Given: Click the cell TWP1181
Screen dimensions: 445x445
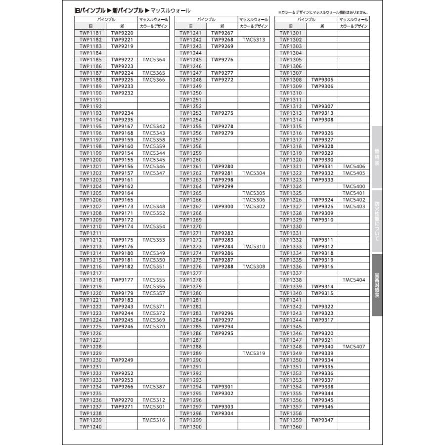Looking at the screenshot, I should click(x=90, y=33).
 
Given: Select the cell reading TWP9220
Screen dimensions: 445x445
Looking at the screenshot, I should click(x=122, y=33).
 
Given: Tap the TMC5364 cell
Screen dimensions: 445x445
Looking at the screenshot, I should click(x=153, y=59).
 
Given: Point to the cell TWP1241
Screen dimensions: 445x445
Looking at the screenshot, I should click(x=190, y=33).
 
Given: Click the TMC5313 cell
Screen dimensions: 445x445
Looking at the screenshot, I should click(x=254, y=40).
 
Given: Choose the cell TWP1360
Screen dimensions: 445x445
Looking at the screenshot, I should click(x=290, y=427).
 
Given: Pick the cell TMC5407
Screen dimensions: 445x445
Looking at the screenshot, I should click(x=354, y=347).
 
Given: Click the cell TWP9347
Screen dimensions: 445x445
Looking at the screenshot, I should click(x=322, y=420).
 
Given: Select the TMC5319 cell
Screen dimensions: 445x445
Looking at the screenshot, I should click(x=254, y=353).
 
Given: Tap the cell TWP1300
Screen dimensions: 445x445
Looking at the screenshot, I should click(x=190, y=427).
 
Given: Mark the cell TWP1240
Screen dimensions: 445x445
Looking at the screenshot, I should click(x=90, y=427).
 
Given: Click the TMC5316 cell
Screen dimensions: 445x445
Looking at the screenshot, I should click(x=153, y=420).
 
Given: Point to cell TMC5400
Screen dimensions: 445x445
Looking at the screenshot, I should click(x=354, y=186).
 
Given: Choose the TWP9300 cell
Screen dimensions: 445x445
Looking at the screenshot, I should click(x=222, y=206).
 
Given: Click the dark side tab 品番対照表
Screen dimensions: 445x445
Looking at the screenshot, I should click(x=377, y=285).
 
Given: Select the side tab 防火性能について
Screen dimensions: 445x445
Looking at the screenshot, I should click(x=377, y=221).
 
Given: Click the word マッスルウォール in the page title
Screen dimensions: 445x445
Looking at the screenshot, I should click(x=170, y=10).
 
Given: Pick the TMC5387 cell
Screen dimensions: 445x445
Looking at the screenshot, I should click(x=153, y=387).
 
